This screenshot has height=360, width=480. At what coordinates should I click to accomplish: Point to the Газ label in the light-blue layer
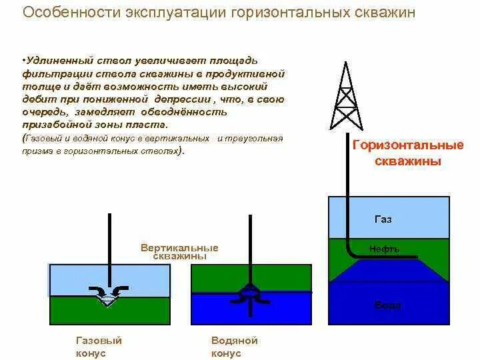tap(383, 219)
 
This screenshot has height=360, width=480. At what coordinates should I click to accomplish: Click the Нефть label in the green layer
tap(385, 249)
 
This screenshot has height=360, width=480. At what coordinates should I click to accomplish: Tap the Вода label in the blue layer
tap(387, 305)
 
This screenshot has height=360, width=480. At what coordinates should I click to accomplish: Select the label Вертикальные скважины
tap(179, 251)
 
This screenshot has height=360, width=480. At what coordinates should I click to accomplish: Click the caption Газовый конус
tap(99, 347)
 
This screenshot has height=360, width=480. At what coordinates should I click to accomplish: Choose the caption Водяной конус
tap(234, 347)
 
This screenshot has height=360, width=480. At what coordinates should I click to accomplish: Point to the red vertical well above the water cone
tap(251, 247)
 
